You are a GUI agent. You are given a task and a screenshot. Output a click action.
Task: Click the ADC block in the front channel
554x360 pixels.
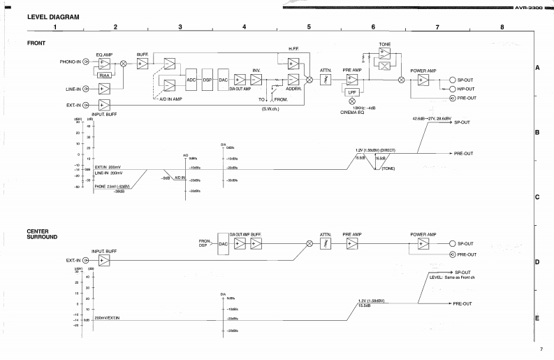pos(191,80)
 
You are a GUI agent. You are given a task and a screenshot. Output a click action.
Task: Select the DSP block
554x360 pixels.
pos(207,80)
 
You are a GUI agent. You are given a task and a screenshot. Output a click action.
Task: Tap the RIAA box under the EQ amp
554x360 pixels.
pos(105,75)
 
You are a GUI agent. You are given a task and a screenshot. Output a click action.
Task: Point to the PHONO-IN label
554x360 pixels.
pos(70,62)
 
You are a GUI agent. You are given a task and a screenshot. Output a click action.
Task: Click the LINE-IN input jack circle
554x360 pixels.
pos(86,89)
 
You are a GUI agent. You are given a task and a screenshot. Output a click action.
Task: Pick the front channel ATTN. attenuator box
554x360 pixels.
pos(325,80)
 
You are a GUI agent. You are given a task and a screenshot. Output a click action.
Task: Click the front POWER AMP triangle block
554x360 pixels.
pos(423,80)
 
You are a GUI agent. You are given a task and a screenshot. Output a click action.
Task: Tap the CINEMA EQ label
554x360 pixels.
pos(351,113)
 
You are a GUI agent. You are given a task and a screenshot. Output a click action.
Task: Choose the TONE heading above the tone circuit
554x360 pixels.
pos(384,45)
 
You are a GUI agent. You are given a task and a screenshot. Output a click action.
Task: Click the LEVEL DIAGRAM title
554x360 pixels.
pos(52,17)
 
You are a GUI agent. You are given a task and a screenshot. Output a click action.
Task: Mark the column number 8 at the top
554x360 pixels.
pos(501,27)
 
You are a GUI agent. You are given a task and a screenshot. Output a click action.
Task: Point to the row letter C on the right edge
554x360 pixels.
pos(537,197)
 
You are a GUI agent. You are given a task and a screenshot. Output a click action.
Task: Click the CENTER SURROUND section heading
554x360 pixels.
pos(43,234)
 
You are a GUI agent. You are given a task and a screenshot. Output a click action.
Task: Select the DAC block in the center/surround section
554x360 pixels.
pos(224,244)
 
